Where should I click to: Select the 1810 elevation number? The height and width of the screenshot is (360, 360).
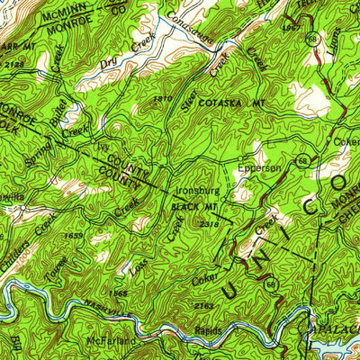(163, 97)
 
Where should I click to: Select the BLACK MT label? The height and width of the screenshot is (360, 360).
(188, 207)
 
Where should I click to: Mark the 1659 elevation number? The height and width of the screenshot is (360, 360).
(75, 235)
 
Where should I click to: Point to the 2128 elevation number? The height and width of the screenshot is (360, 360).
(13, 64)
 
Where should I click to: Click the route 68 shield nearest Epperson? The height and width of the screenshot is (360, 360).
(301, 160)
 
